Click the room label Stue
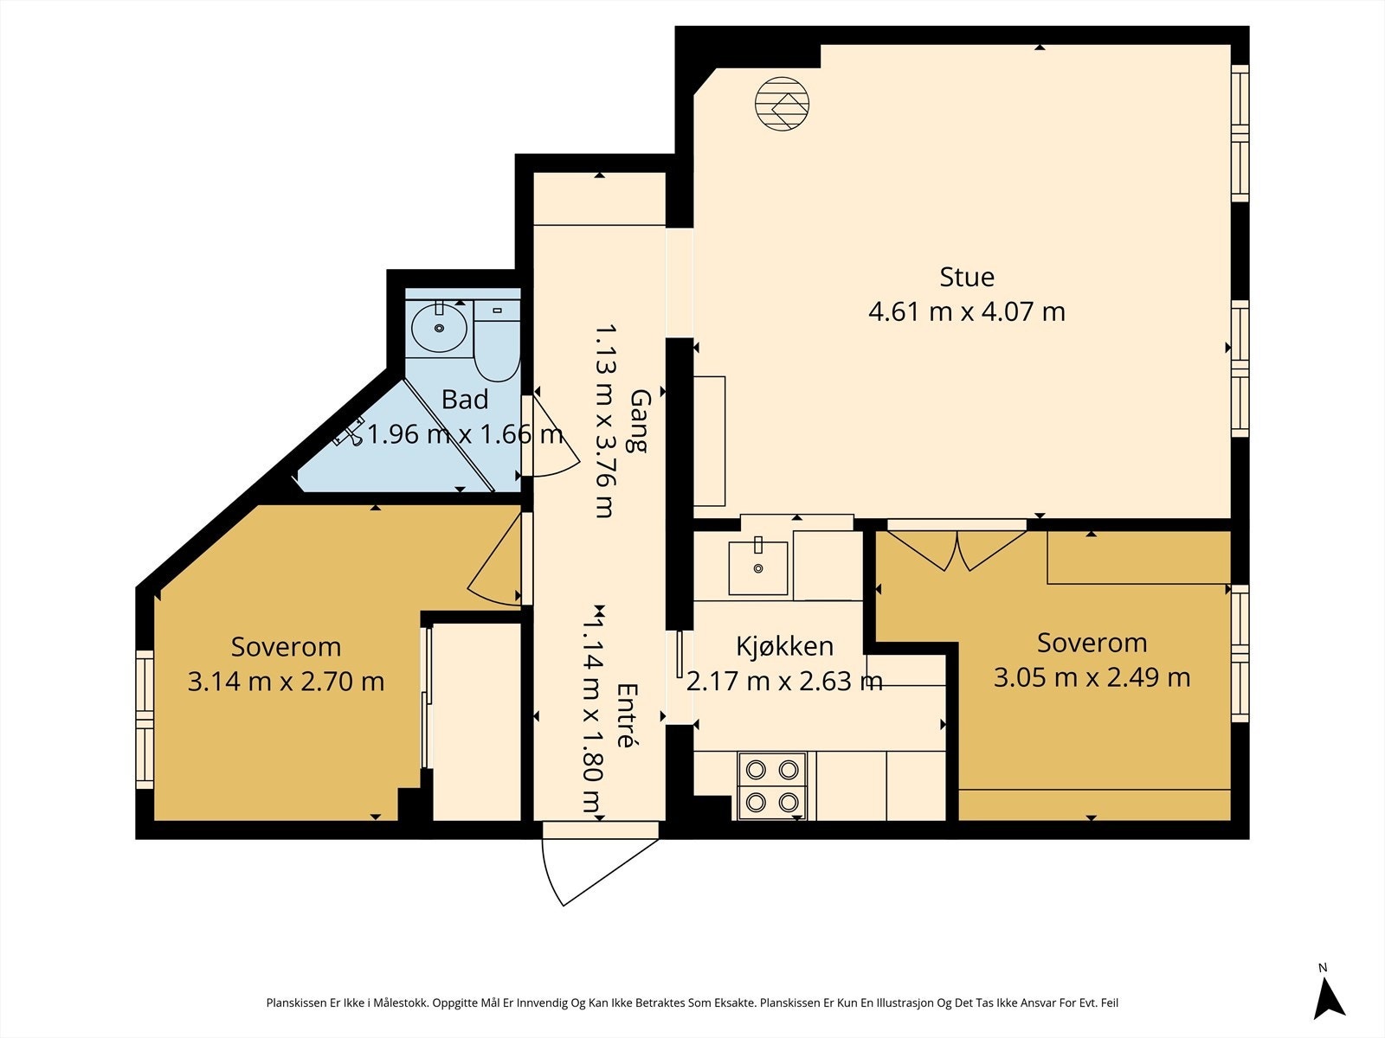point(967,278)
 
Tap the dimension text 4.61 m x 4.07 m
point(967,312)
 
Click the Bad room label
point(464,400)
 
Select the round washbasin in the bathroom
point(439,328)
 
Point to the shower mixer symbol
point(349,432)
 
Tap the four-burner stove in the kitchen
point(771,786)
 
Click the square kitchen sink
point(757,567)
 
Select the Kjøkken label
point(784,647)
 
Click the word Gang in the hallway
point(640,421)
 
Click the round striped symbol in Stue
point(782,104)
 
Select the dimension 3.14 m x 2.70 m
point(286,682)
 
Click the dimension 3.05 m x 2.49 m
point(1092,677)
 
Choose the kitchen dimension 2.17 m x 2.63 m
point(784,682)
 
